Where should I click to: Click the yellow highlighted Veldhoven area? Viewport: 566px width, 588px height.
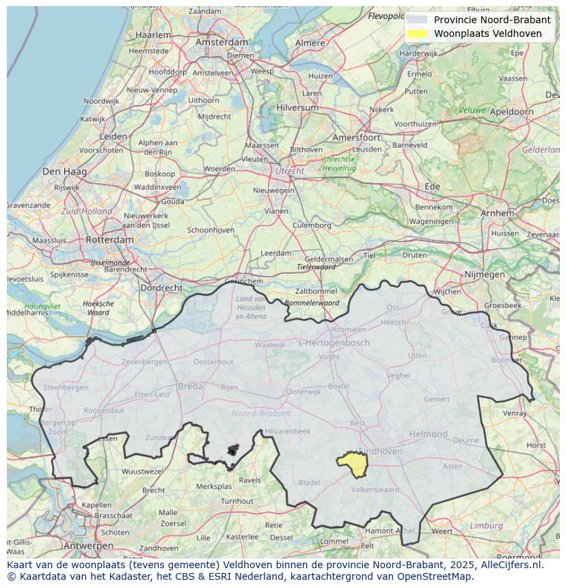coord(353,464)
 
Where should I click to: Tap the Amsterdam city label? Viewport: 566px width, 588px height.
coord(221,42)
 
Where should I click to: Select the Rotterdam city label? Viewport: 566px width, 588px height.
coord(109,240)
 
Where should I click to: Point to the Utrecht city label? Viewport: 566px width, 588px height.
coord(289,171)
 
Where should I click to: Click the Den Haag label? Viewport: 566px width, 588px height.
coord(64,171)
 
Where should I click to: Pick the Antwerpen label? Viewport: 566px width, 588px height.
coord(87,546)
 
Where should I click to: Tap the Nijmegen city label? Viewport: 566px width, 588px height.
coord(484,275)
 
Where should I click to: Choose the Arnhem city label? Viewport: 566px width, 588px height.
coord(497,213)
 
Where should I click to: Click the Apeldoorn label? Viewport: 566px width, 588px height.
coord(512,111)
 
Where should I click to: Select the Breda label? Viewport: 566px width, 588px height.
coord(190,387)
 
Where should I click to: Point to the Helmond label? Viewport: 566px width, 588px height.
coord(428,434)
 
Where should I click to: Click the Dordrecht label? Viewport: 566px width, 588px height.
coord(161,288)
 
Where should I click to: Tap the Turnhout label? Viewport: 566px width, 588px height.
coord(237,501)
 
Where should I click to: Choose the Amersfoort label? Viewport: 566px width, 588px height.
coord(356,137)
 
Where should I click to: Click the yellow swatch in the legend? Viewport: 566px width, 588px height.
coord(416,33)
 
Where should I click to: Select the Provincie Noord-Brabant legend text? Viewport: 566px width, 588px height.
coord(491,20)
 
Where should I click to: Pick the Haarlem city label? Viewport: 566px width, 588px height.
coord(153,35)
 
